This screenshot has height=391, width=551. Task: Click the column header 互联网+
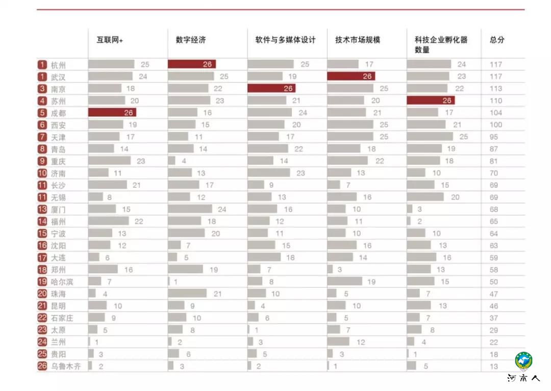[110, 40]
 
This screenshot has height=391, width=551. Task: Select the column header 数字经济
[191, 40]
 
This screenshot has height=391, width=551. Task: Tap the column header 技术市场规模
[358, 40]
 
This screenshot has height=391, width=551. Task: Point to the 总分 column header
[497, 40]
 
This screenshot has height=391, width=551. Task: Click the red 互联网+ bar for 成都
[112, 112]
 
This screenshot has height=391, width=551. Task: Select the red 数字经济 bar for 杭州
[192, 64]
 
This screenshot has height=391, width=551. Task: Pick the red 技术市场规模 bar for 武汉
[351, 76]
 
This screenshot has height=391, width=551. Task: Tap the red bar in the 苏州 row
[431, 101]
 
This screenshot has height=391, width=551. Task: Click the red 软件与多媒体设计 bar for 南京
[271, 88]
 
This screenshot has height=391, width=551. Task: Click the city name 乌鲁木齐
[66, 366]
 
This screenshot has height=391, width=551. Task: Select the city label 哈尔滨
[62, 282]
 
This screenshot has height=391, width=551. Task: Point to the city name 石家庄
[62, 318]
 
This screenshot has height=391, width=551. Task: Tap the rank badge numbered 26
[42, 366]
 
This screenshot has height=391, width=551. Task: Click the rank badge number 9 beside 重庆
[42, 161]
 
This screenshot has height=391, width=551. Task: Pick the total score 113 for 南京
[496, 88]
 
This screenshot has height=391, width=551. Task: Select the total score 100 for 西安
[496, 125]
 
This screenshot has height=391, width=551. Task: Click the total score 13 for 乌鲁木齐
[494, 366]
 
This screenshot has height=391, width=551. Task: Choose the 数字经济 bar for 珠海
[187, 294]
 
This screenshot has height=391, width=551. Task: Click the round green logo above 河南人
[523, 361]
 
